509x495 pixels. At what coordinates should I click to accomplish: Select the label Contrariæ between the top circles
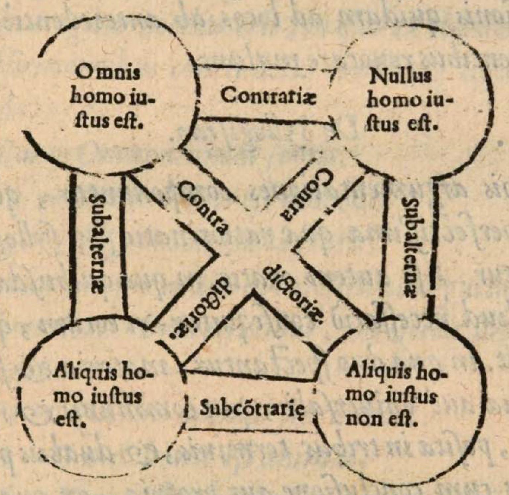269,96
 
